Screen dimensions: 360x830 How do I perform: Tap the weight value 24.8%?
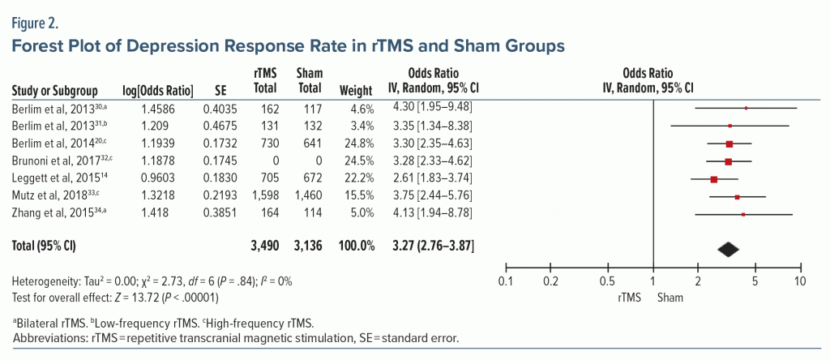[x=359, y=143]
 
